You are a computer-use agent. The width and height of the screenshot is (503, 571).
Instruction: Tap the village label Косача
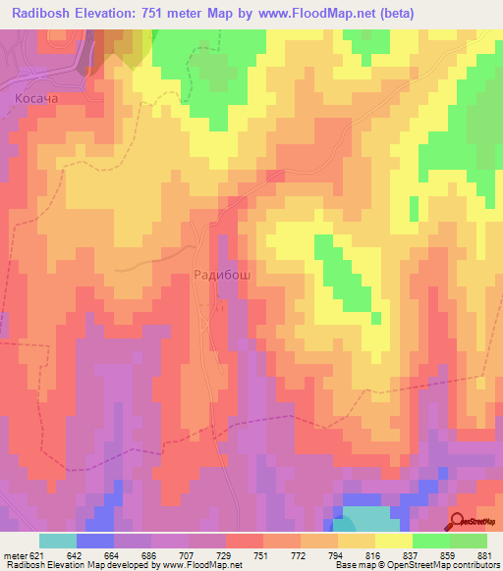coord(38,99)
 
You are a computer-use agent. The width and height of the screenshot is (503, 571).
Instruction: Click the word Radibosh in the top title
coord(48,14)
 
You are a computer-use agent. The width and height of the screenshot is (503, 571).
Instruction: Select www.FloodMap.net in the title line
coord(315,14)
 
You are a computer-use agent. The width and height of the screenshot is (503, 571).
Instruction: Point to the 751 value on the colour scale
coord(261,554)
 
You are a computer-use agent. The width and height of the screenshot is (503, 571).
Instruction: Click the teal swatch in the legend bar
coord(57,541)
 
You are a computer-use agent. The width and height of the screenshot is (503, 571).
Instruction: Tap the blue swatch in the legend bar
coord(94,541)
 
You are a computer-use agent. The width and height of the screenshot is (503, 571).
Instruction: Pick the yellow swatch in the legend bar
coord(393,541)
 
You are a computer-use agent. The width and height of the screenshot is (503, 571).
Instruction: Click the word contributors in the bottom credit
coord(470,564)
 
